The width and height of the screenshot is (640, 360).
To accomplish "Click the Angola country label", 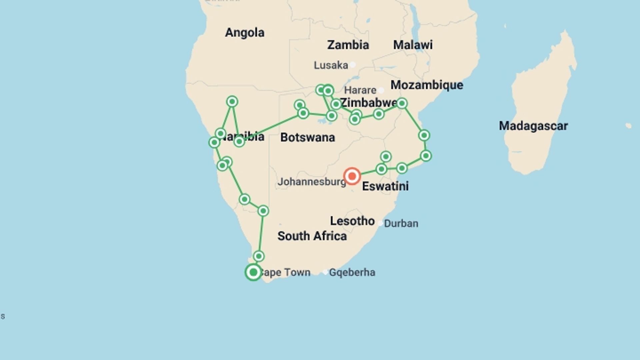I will (245, 33).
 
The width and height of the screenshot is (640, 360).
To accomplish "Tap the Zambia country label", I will (348, 45).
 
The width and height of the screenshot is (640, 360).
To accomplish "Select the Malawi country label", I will (413, 45).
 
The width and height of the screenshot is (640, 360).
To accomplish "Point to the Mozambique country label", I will (427, 85).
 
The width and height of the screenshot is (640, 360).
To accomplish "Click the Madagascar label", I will (533, 126).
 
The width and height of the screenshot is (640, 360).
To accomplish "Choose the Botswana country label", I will (307, 137).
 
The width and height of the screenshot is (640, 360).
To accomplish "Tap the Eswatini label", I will (385, 186).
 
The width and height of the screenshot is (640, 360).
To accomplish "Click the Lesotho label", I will (352, 221).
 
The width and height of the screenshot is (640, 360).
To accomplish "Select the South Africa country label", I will (312, 236).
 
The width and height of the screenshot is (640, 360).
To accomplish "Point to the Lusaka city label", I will (331, 65).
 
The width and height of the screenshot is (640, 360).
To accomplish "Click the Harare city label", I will (360, 90).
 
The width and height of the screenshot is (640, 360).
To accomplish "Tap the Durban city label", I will (401, 223).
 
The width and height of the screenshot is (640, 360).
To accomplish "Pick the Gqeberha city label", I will (352, 273).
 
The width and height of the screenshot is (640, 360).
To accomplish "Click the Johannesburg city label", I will (312, 182).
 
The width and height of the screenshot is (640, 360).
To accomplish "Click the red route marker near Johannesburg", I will (352, 176).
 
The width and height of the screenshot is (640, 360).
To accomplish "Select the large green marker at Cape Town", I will (253, 272).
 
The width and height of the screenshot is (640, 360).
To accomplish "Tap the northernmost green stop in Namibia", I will (232, 101).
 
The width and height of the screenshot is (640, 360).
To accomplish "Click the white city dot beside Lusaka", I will (352, 65).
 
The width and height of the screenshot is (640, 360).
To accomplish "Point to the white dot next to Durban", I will (380, 223).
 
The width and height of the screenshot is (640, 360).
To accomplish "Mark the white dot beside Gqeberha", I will (325, 272).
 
